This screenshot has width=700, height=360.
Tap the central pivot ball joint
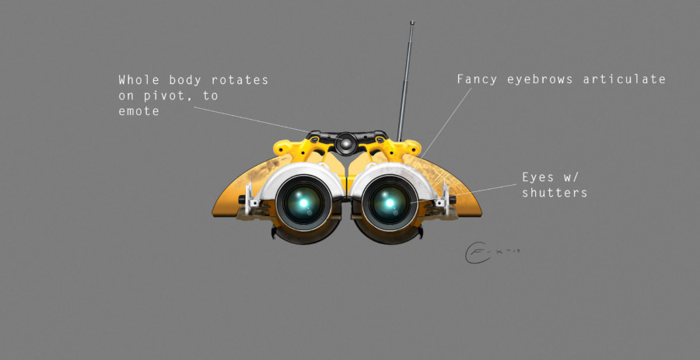point(345,142)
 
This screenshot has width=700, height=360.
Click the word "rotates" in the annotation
point(240,80)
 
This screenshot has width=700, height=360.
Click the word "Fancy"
point(478,79)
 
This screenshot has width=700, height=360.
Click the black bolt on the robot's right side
point(450,203)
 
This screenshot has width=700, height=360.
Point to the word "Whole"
point(138,80)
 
